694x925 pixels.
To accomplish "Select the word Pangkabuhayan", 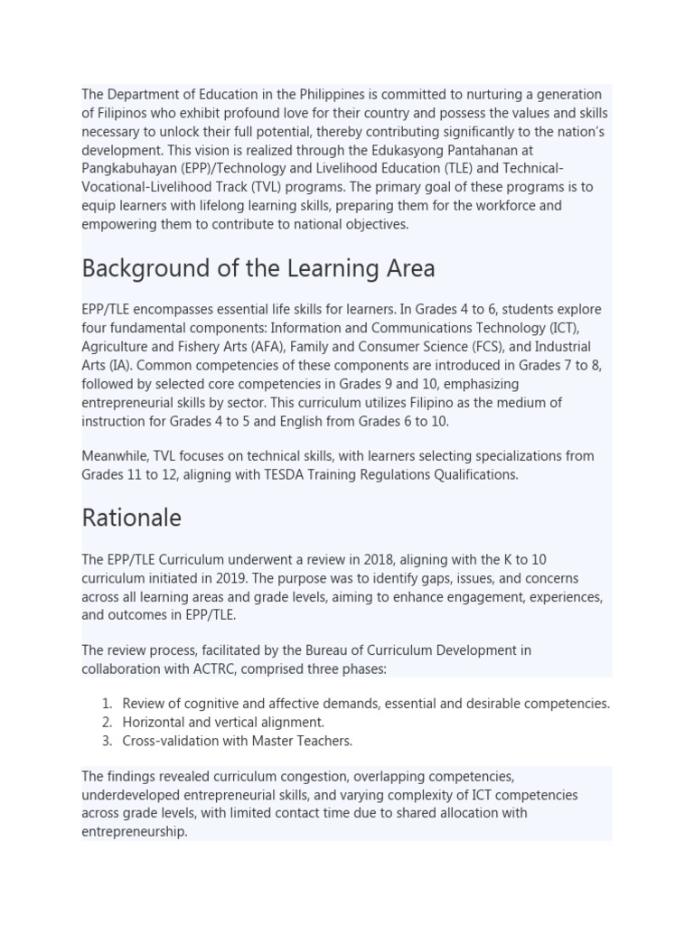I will tap(127, 169).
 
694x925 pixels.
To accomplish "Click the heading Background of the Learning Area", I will tap(258, 268).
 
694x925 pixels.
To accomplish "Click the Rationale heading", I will tap(132, 518).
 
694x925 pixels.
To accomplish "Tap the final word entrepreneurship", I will tap(134, 832).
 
